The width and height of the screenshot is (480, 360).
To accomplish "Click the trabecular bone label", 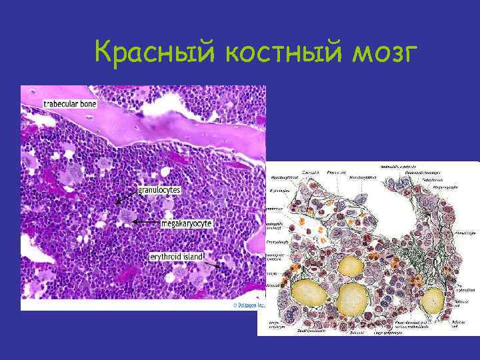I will pyautogui.click(x=71, y=104).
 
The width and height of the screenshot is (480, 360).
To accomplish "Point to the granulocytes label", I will pyautogui.click(x=159, y=190).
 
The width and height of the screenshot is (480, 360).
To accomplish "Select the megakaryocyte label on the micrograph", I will pyautogui.click(x=187, y=223).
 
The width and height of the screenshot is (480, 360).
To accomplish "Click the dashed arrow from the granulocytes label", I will pyautogui.click(x=124, y=197).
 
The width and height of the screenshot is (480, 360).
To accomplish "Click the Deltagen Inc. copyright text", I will pyautogui.click(x=248, y=305).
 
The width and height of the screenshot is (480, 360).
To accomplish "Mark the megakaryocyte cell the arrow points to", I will pyautogui.click(x=127, y=217).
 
